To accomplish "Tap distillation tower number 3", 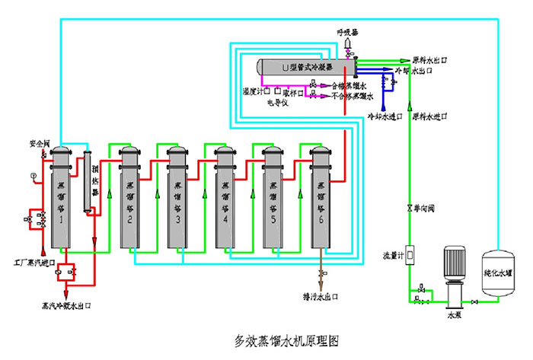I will coord(177,202).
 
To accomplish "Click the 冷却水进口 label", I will coord(385,117).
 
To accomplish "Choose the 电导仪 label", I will coord(277,103).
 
